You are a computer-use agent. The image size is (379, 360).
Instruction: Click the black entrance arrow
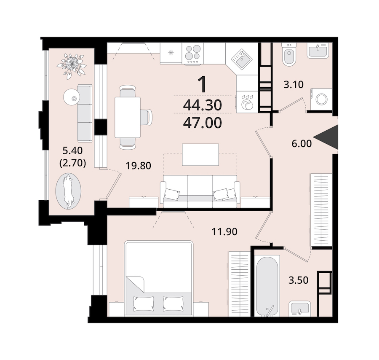[329, 137]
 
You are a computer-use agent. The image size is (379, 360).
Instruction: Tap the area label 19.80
[139, 166]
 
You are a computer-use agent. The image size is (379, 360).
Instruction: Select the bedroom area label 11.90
[224, 232]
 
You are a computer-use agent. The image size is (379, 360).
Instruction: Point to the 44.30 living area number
[202, 105]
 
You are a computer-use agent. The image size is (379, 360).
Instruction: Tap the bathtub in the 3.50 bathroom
[267, 286]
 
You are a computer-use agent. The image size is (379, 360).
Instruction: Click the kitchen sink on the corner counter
[241, 59]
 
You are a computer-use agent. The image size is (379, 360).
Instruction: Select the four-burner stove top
[192, 54]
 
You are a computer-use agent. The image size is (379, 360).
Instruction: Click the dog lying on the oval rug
[68, 190]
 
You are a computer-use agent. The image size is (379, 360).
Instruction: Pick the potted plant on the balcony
[71, 65]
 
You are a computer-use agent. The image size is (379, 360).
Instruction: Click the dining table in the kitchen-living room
[128, 117]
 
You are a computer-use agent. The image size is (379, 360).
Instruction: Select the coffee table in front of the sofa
[200, 155]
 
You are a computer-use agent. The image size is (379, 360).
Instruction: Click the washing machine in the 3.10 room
[321, 99]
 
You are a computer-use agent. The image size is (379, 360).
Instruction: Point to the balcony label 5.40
[72, 151]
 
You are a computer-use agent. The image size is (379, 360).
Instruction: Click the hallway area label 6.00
[302, 144]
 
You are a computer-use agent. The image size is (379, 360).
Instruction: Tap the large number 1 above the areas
[202, 84]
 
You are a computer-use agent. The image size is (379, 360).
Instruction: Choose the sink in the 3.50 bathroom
[300, 309]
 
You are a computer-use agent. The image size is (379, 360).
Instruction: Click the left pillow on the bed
[144, 304]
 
